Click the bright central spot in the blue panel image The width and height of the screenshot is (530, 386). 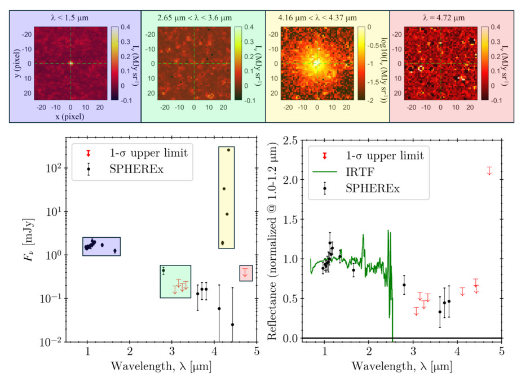(70, 63)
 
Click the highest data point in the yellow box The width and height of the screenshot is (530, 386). (228, 150)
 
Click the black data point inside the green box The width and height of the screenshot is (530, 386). (164, 270)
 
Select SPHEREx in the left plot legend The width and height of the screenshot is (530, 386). (130, 169)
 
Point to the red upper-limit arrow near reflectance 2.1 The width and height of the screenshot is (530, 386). (489, 170)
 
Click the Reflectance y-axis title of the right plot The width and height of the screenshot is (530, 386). (272, 241)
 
